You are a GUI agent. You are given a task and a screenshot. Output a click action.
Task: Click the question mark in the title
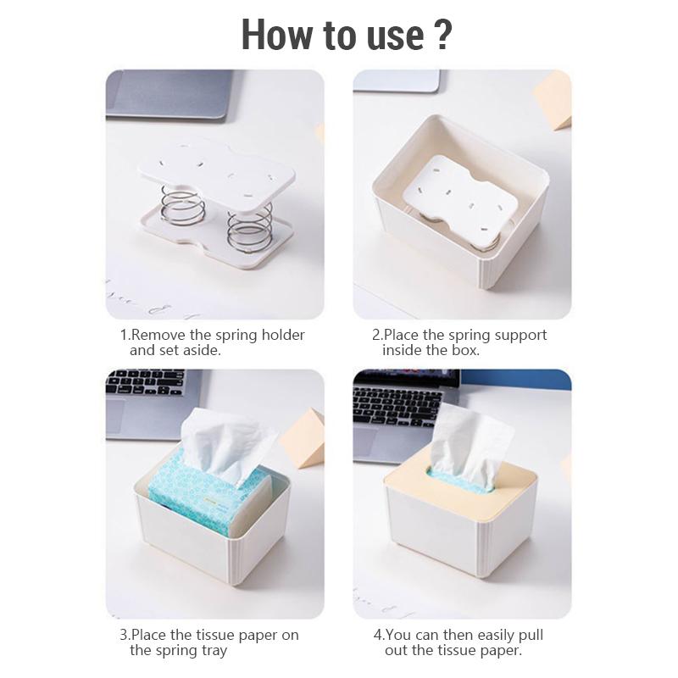(x=442, y=34)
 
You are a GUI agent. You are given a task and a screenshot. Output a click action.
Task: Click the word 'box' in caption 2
(x=465, y=350)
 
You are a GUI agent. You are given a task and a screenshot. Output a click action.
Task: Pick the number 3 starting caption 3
(x=123, y=635)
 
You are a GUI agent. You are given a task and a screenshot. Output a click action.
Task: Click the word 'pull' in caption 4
(x=530, y=635)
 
